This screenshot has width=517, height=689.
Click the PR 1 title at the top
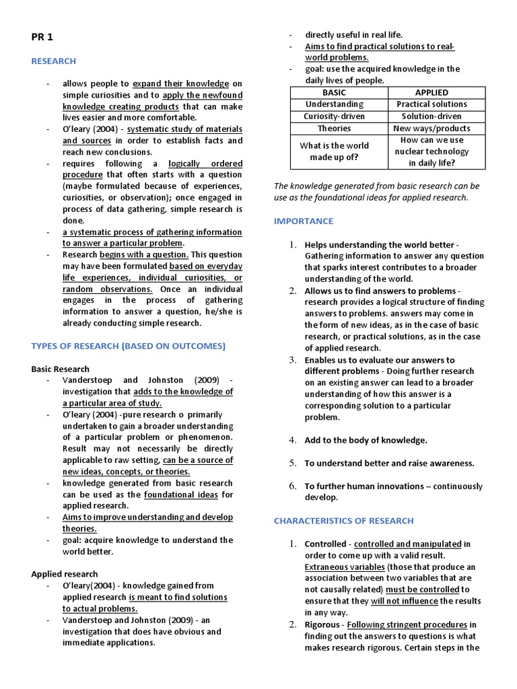[42, 38]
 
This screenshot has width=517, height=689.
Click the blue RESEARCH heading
[54, 61]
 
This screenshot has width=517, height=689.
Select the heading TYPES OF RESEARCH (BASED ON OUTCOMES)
[128, 346]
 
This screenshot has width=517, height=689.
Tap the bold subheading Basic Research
[60, 369]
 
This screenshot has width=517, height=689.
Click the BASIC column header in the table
[334, 92]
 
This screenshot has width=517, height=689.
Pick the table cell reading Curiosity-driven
[334, 116]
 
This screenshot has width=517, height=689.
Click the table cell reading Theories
[334, 128]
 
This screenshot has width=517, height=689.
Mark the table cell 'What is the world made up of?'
[334, 151]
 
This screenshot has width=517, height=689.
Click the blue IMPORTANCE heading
[303, 221]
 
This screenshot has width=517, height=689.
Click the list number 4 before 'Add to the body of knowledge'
[293, 440]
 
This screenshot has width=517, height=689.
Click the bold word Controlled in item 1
[326, 544]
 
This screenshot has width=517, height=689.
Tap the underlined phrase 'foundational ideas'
[181, 495]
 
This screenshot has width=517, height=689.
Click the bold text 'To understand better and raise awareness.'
[389, 463]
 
